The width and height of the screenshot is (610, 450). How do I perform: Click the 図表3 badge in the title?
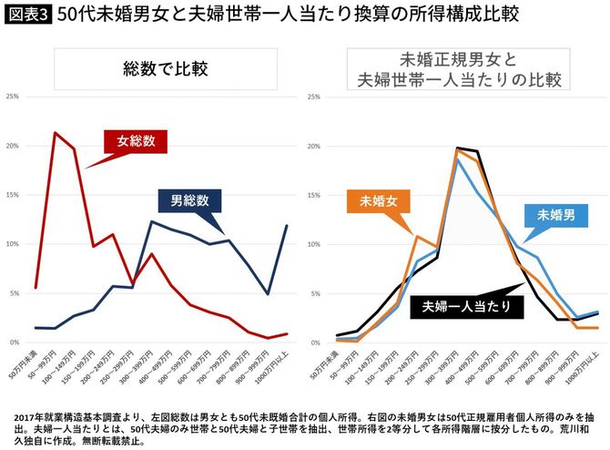point(25,15)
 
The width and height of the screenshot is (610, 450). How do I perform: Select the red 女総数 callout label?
point(136,142)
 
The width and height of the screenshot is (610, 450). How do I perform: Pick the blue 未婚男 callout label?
point(555,215)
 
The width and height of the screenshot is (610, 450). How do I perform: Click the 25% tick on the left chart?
point(13,97)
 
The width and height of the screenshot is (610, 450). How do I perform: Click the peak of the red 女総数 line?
point(56,133)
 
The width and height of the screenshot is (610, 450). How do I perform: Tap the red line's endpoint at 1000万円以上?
point(287,333)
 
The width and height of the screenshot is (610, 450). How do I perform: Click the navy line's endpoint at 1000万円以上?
point(287,226)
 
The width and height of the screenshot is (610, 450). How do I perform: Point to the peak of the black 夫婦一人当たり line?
point(457,148)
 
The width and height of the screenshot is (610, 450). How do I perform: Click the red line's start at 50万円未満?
point(36,288)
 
